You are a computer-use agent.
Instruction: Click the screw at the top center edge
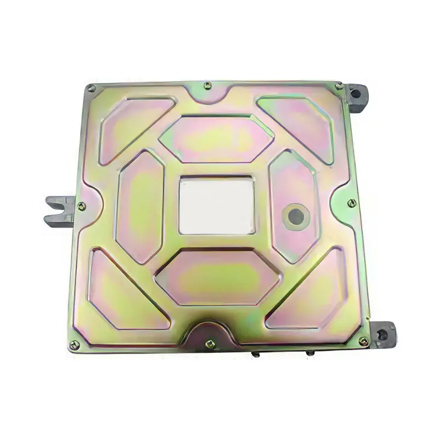click(207, 86)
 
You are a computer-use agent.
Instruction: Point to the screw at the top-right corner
click(339, 86)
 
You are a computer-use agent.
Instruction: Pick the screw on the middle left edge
click(81, 206)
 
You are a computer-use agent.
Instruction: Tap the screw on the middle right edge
click(352, 203)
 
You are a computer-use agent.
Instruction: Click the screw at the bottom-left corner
click(75, 345)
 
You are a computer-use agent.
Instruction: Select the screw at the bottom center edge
click(210, 344)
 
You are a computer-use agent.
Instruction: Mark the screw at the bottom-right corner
click(363, 341)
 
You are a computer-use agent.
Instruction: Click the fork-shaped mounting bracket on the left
click(59, 211)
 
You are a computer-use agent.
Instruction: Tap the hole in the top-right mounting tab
click(356, 94)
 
